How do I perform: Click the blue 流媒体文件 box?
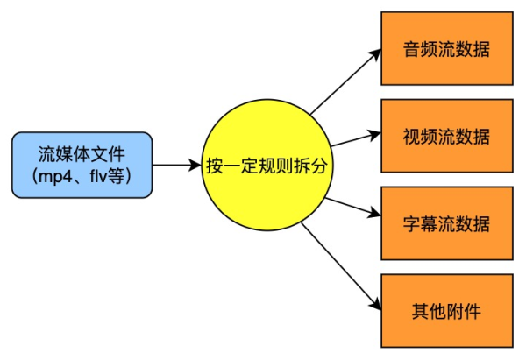point(82,165)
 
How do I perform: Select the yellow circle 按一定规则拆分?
point(266,165)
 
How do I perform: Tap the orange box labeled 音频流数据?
point(446,49)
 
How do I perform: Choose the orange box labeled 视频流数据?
point(446,137)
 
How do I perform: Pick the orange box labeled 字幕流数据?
point(446,223)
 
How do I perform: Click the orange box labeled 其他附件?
point(446,310)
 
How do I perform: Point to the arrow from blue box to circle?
point(176,165)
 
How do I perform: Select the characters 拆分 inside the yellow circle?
point(312,166)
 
